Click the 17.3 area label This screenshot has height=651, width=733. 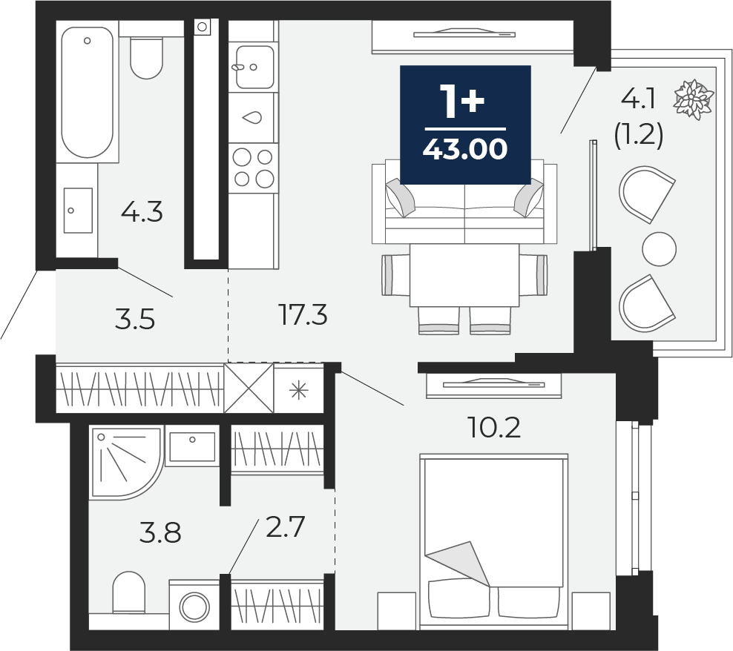303,314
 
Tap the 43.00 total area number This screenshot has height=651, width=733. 464,149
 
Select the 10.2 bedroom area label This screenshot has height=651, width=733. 494,427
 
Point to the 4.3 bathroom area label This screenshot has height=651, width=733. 142,213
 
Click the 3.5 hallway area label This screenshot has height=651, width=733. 134,320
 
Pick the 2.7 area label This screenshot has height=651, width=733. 285,526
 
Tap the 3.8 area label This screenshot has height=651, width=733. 160,533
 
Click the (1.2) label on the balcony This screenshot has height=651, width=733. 638,137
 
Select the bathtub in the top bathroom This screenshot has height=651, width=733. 88,93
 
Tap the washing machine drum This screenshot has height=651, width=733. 194,607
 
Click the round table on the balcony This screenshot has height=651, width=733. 659,249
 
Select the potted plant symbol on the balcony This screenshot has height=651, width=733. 693,99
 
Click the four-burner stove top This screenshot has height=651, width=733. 254,168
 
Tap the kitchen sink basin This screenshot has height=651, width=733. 254,67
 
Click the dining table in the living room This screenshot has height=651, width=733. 464,275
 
